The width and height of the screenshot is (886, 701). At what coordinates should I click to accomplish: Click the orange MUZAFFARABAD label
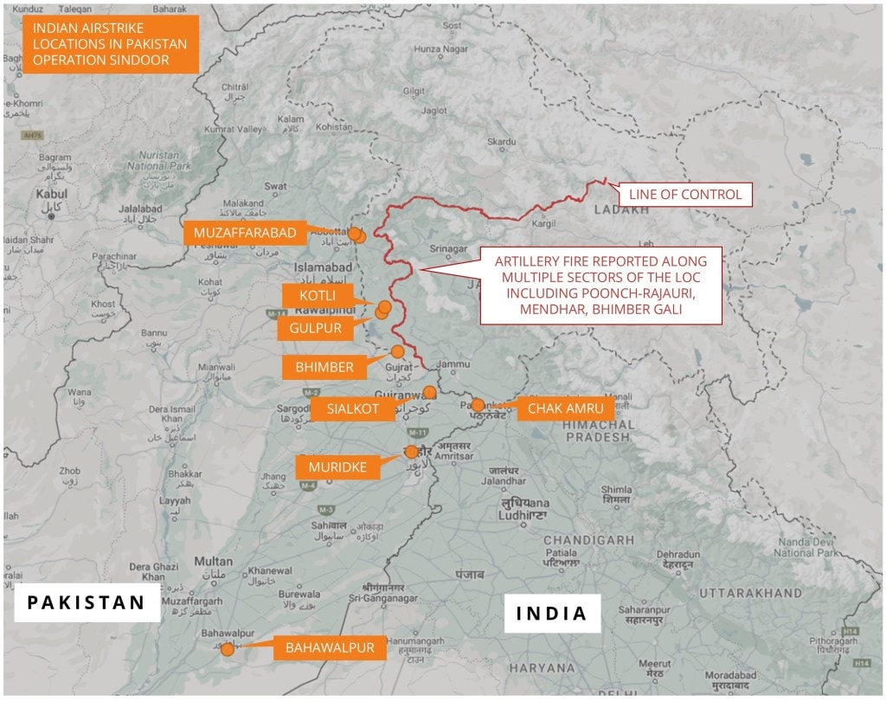[x=246, y=233]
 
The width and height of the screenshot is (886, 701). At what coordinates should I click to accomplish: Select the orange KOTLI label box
[x=318, y=296]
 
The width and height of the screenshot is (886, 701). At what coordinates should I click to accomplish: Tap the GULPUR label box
[x=310, y=328]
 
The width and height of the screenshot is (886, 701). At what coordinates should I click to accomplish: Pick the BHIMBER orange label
[x=324, y=367]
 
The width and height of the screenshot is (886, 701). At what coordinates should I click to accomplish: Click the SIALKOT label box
[x=353, y=409]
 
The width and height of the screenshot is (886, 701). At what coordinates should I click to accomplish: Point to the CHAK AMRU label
[x=565, y=408]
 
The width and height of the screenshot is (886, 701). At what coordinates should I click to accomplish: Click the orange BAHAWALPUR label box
[x=330, y=648]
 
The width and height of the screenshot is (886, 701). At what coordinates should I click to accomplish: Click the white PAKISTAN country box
[x=87, y=602]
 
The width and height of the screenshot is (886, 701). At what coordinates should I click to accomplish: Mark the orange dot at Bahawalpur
[x=228, y=649]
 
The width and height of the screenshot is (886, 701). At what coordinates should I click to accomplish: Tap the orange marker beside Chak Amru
[x=478, y=405]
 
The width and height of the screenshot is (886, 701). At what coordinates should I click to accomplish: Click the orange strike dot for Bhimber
[x=397, y=351]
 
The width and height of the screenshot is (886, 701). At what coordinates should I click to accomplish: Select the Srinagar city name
[x=449, y=249]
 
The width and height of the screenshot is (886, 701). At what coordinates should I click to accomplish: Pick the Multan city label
[x=213, y=562]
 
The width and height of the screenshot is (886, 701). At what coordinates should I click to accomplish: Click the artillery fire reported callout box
[x=600, y=286]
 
